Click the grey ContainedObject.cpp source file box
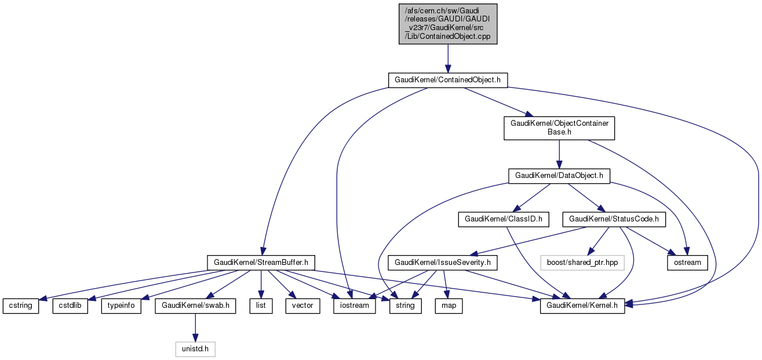(447, 24)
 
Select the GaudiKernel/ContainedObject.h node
(447, 80)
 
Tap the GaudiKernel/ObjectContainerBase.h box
(559, 128)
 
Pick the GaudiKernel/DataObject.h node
(559, 176)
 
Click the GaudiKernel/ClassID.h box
(503, 219)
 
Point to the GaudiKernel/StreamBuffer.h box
(261, 263)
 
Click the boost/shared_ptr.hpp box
(586, 263)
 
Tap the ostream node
(687, 263)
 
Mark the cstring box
(21, 306)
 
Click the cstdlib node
(71, 306)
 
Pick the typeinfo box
(122, 306)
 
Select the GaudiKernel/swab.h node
(195, 306)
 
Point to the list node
(261, 306)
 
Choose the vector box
(302, 306)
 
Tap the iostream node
(352, 306)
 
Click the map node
(449, 306)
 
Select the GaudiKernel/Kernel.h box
(582, 306)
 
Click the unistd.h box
(195, 349)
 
